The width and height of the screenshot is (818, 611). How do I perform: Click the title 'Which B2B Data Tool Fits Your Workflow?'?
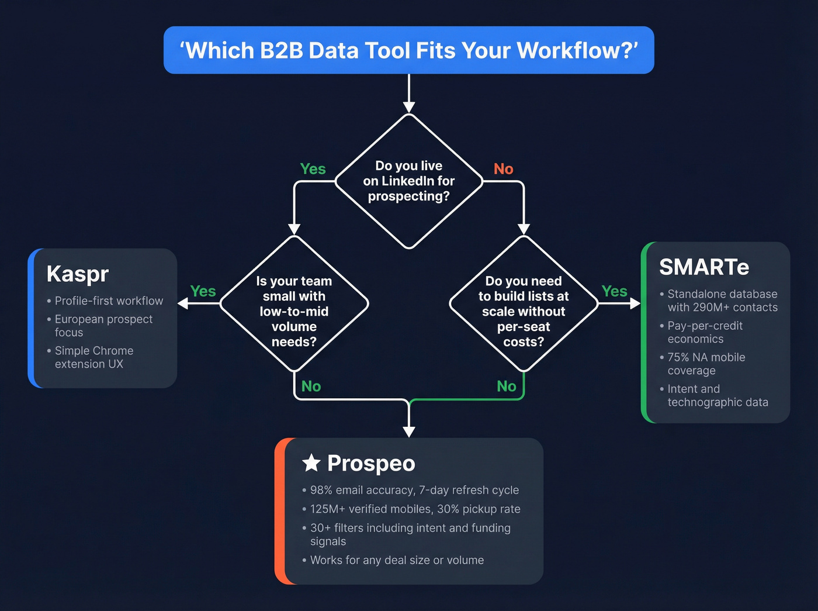pos(408,50)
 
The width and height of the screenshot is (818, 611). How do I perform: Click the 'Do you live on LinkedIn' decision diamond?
pos(408,181)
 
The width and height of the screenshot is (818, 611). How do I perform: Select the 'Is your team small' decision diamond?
pos(294,303)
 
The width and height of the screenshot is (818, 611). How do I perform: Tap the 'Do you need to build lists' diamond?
pos(524,303)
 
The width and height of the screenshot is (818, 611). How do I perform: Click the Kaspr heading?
pos(78,274)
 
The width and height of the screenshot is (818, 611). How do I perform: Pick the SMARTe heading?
pos(704,267)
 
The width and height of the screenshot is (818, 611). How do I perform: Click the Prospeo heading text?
pos(371,463)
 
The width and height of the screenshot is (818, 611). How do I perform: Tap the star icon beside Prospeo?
pos(311,462)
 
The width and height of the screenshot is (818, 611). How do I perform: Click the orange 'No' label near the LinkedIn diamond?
pos(503,169)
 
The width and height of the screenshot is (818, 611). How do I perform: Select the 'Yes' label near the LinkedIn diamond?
pos(313,169)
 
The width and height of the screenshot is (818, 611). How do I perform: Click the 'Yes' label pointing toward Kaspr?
pos(203,291)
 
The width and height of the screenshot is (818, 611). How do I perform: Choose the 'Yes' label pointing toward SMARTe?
pos(614,291)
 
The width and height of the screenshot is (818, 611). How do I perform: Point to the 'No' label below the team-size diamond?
pos(311,386)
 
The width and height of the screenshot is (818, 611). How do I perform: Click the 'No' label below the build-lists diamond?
pos(506,386)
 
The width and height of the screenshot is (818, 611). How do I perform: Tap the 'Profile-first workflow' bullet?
pos(109,301)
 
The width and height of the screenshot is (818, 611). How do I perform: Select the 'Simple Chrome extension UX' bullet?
pos(93,357)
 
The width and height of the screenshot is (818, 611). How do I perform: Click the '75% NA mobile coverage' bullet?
pos(706,364)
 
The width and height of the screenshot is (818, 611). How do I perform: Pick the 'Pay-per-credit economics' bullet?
pos(705,332)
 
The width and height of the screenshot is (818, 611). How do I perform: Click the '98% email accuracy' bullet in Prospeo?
pos(414,490)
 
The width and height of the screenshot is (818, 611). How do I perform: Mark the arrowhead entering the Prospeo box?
pos(409,432)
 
